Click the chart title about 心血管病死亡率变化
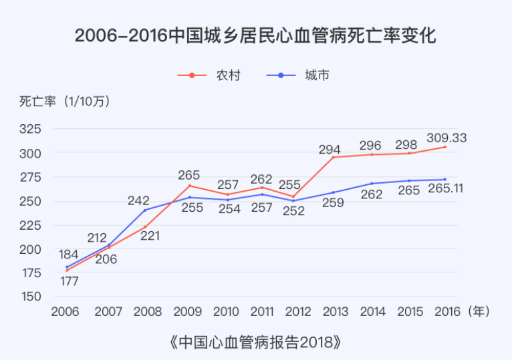coord(255,35)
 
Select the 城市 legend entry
coord(297,75)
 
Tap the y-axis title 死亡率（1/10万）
coord(64,102)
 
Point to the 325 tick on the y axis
coord(31,129)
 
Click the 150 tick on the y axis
coord(31,297)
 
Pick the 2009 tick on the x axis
coord(188,311)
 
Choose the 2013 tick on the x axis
coord(334,311)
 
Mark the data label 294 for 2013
coord(330,150)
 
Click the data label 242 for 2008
coord(138,200)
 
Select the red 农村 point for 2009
coord(190,186)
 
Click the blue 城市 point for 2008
coord(144,210)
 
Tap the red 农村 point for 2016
coord(444,147)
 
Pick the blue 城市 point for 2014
coord(372,183)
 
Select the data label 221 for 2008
coord(150,235)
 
